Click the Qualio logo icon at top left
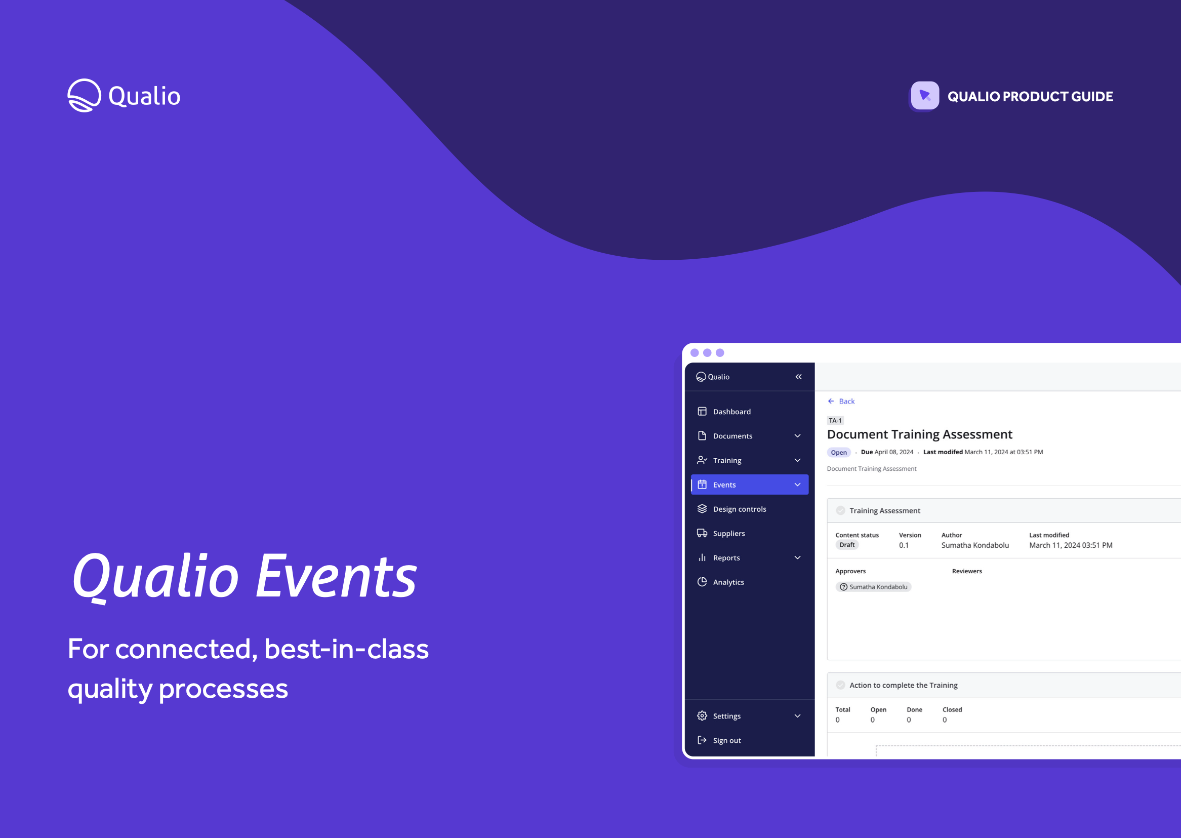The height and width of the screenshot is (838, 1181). [x=84, y=96]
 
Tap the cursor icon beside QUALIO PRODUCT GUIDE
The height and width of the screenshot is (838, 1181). [x=925, y=96]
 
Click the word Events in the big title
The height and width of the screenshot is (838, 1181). [x=336, y=576]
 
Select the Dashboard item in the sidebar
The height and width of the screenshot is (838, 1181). [x=731, y=411]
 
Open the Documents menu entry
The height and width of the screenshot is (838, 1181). [x=732, y=435]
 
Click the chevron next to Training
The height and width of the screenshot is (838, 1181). [x=797, y=460]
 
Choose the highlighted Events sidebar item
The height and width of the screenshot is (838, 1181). [x=749, y=484]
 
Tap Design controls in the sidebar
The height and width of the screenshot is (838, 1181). [x=739, y=509]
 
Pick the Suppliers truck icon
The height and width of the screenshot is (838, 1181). [x=702, y=533]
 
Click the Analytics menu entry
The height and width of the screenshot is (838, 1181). [x=728, y=582]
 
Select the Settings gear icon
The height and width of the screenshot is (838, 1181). [x=702, y=715]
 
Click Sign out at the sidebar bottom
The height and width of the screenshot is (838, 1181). [x=726, y=740]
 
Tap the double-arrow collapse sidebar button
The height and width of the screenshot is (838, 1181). [x=798, y=377]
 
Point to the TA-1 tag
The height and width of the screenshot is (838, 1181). [x=835, y=420]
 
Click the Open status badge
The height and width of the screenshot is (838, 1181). [x=839, y=452]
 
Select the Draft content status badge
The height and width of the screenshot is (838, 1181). [x=847, y=545]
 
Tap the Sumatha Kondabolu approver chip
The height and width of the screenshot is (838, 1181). [x=873, y=587]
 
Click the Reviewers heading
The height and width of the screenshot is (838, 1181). [x=966, y=571]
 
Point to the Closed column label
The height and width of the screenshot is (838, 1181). [x=952, y=709]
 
